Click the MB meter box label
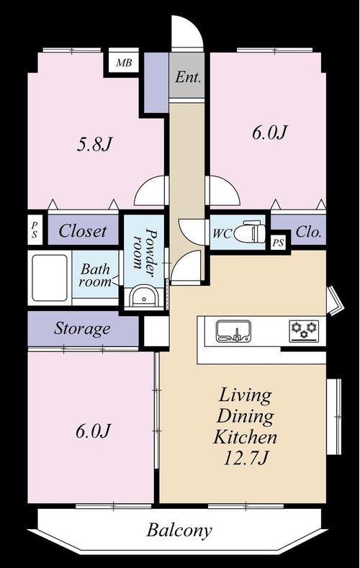[x=124, y=63]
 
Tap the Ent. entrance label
[x=188, y=77]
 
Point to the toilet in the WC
[x=250, y=232]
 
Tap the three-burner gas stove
[x=305, y=331]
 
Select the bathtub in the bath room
[x=50, y=278]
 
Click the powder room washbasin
[x=144, y=297]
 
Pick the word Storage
[x=82, y=328]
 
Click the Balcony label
[x=179, y=531]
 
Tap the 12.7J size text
[x=246, y=459]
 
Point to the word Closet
[x=83, y=231]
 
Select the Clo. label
[x=309, y=232]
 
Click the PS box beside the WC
[x=279, y=243]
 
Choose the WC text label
[x=222, y=234]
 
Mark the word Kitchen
[x=246, y=437]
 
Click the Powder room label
[x=144, y=248]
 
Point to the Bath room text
[x=95, y=275]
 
